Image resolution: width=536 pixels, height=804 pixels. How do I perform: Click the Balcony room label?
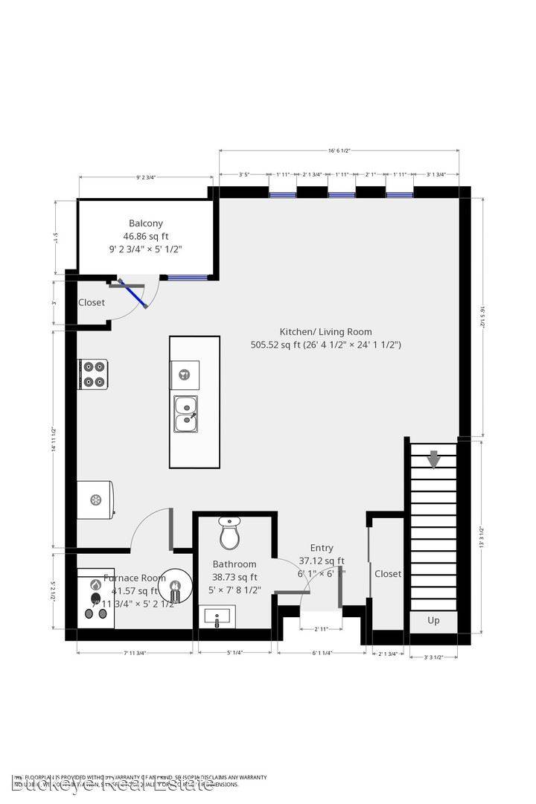pyautogui.click(x=146, y=223)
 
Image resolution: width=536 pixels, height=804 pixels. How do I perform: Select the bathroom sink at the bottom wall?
pyautogui.click(x=219, y=616)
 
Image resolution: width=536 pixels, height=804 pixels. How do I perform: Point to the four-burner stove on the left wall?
pyautogui.click(x=93, y=374)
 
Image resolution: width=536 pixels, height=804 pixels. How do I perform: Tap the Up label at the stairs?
pyautogui.click(x=433, y=620)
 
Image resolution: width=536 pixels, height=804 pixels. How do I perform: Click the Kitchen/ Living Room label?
pyautogui.click(x=325, y=332)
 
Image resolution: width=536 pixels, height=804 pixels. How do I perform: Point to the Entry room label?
pyautogui.click(x=322, y=548)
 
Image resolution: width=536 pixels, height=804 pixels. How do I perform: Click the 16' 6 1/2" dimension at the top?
pyautogui.click(x=339, y=150)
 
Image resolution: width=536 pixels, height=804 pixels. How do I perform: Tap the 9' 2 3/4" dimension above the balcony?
pyautogui.click(x=145, y=177)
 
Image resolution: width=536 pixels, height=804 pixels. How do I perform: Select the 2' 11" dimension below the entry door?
pyautogui.click(x=322, y=629)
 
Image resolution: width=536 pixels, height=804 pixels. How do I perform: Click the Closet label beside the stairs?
pyautogui.click(x=388, y=574)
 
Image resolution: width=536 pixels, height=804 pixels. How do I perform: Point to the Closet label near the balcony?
pyautogui.click(x=92, y=302)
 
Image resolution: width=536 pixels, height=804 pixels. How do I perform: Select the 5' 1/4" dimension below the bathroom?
pyautogui.click(x=234, y=653)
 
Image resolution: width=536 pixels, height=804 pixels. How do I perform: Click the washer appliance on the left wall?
pyautogui.click(x=95, y=499)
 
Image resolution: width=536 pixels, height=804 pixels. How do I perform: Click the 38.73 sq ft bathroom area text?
pyautogui.click(x=234, y=577)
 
